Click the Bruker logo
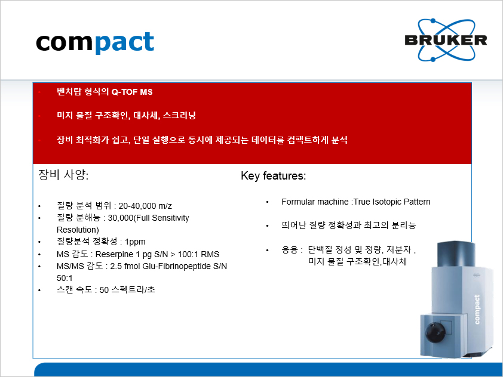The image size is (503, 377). tap(446, 40)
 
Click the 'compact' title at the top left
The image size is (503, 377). tap(95, 42)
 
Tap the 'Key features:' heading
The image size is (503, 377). tap(274, 176)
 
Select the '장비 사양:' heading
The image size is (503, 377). tap(63, 175)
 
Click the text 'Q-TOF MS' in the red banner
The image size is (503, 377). tap(132, 92)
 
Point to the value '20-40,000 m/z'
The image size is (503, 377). tap(145, 206)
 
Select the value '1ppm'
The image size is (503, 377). tap(135, 242)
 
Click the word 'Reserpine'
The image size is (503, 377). tap(114, 254)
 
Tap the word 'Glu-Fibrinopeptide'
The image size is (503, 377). tap(177, 267)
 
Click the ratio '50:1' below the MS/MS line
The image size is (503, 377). tap(65, 278)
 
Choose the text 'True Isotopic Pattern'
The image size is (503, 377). tap(392, 202)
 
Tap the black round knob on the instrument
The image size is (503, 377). tap(435, 332)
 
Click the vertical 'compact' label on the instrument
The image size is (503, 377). tap(477, 310)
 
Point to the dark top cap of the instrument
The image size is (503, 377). tap(456, 254)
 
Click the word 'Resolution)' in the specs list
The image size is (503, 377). tap(78, 230)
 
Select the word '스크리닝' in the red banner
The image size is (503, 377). tap(179, 115)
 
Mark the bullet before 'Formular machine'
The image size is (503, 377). tap(267, 202)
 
